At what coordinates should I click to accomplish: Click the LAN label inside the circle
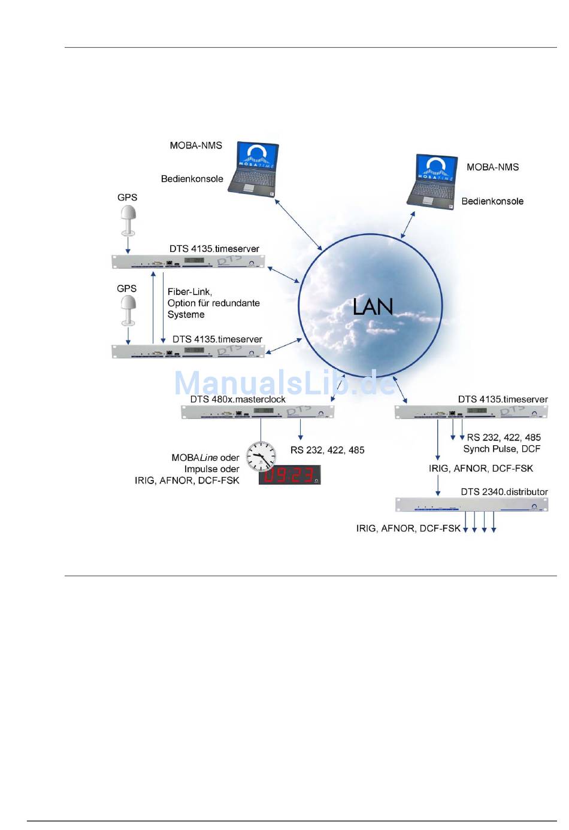[373, 306]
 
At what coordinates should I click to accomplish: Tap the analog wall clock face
[261, 456]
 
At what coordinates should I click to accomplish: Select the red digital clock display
[290, 475]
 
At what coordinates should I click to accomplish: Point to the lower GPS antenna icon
[128, 310]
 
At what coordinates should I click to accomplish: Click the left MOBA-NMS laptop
[254, 168]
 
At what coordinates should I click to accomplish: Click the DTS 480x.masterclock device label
[238, 399]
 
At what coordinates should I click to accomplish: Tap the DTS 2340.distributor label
[504, 492]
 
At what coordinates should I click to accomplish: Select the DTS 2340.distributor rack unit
[471, 504]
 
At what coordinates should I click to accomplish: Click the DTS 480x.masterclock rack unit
[258, 412]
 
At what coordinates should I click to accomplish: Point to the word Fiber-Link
[189, 292]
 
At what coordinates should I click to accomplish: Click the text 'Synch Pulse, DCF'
[501, 449]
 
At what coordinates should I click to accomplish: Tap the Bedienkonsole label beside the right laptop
[492, 202]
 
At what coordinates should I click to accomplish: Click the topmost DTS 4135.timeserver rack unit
[189, 262]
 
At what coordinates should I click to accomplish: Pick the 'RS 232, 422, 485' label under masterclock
[327, 450]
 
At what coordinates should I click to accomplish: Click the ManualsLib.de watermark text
[285, 383]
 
